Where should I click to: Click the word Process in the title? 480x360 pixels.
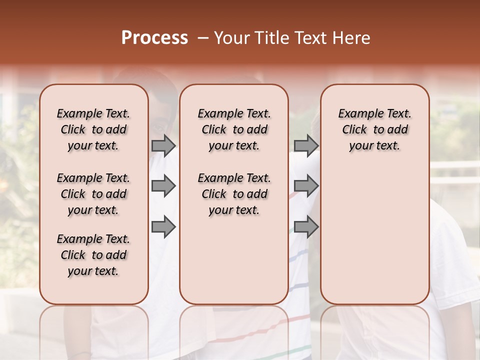(x=154, y=38)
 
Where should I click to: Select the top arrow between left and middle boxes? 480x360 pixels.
(x=163, y=146)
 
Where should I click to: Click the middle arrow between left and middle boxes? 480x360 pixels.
(x=163, y=186)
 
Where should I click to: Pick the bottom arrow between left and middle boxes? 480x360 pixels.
(x=163, y=227)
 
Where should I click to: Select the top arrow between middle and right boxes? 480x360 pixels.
(x=306, y=146)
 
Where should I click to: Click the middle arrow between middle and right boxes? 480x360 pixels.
(x=306, y=186)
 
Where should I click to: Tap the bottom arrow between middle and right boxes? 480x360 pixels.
(x=306, y=227)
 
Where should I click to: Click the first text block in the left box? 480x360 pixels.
(x=93, y=129)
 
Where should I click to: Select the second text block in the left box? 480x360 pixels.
(x=93, y=194)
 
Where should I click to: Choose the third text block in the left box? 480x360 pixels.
(x=93, y=255)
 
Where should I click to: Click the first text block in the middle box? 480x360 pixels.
(x=234, y=129)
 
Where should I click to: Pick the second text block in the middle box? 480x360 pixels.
(x=234, y=194)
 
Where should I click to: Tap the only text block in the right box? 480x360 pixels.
(x=374, y=129)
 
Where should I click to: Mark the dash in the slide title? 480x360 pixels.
(x=203, y=38)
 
